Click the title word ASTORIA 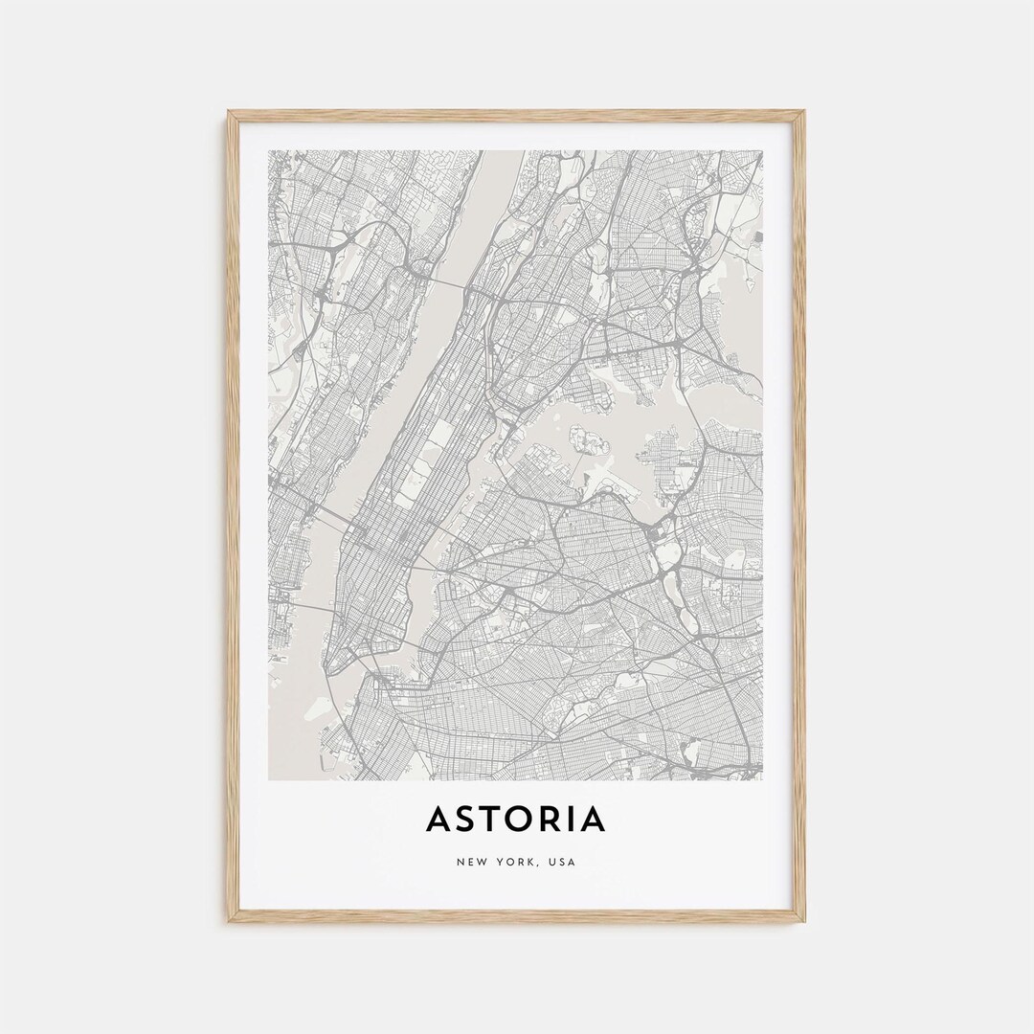[516, 820]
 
